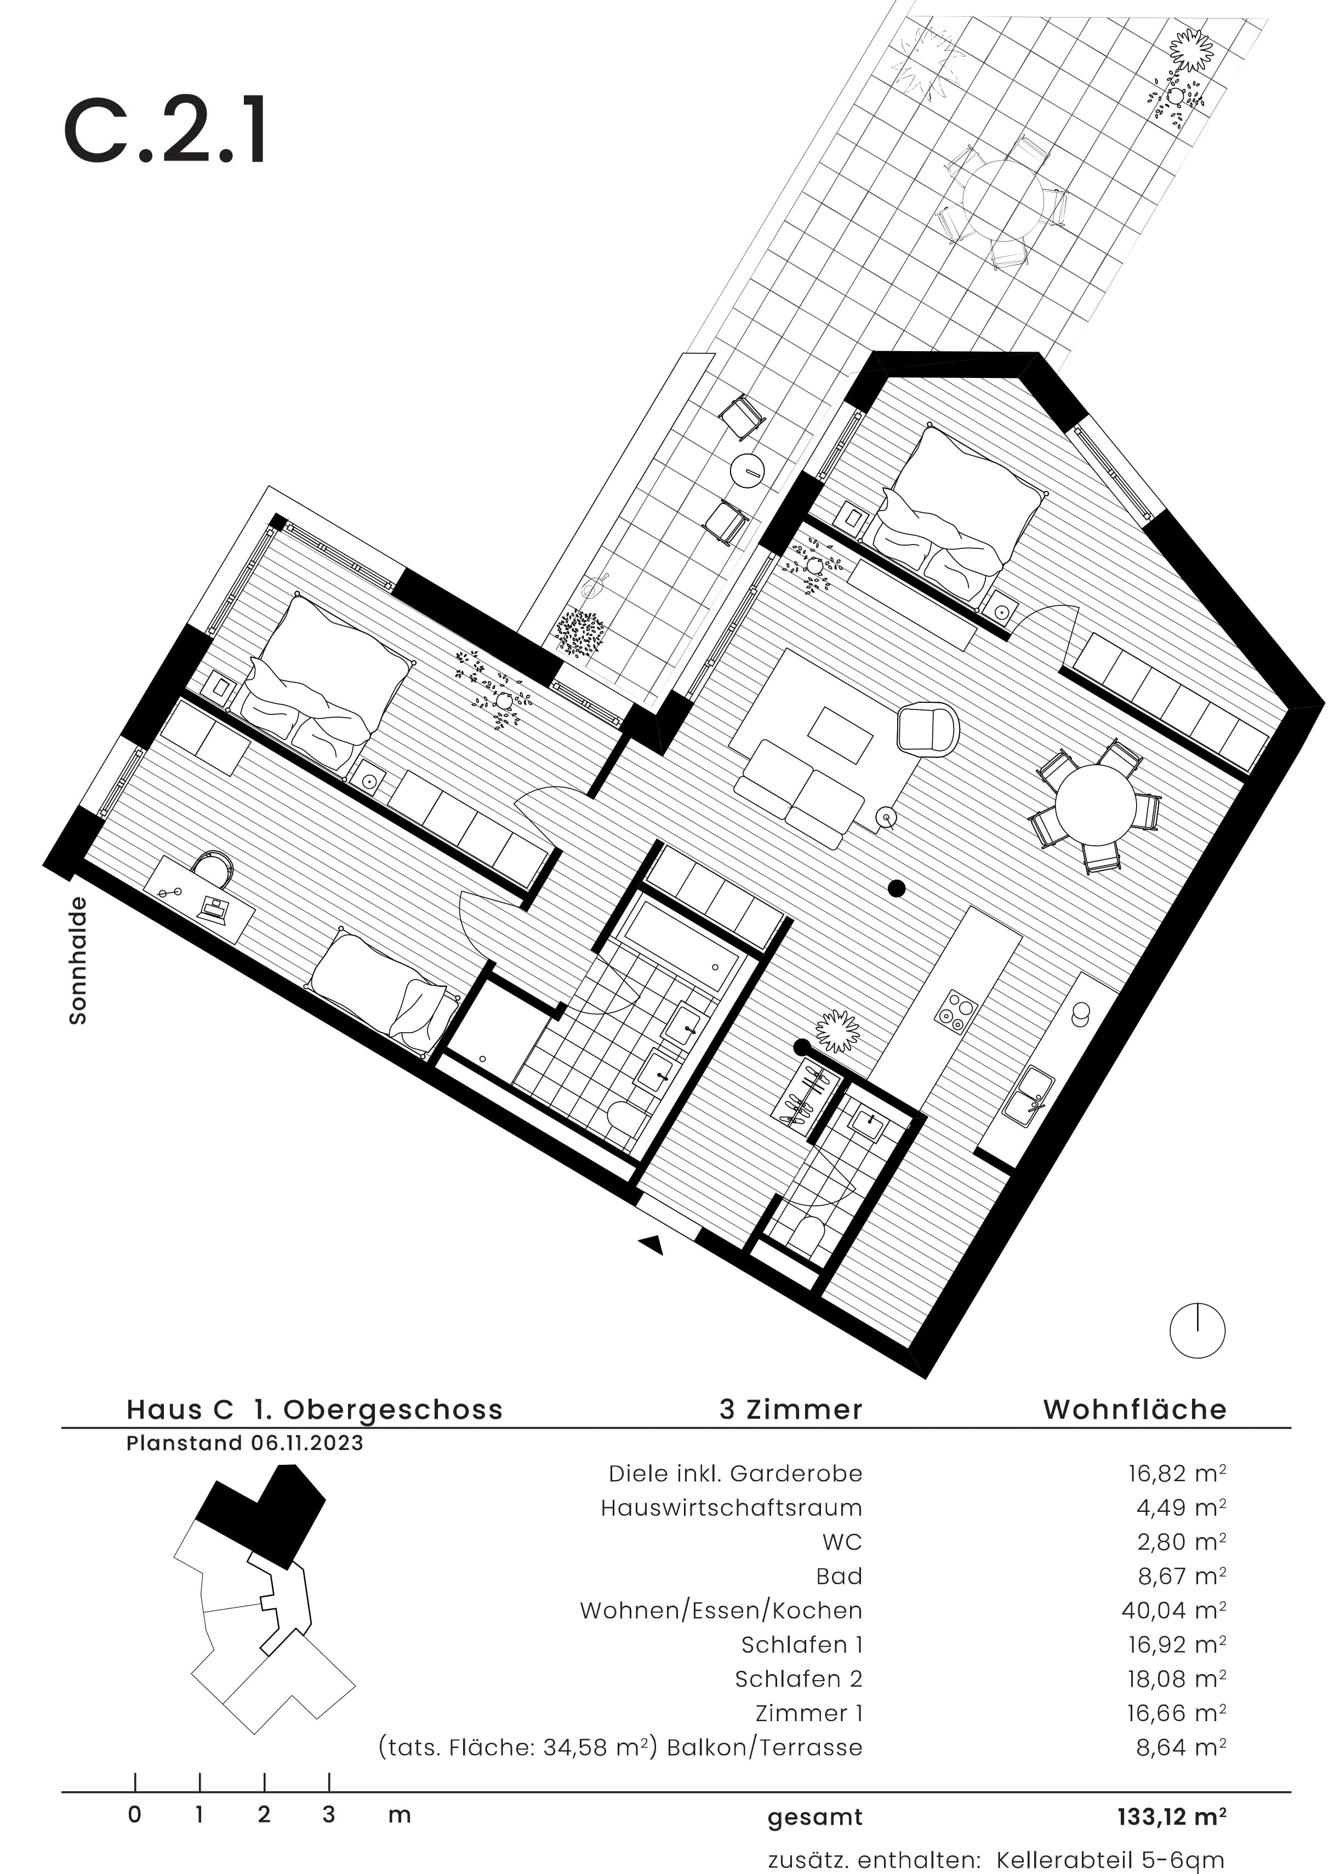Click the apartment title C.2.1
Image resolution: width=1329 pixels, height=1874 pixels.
[x=166, y=131]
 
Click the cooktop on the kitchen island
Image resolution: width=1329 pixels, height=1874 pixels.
[x=956, y=1010]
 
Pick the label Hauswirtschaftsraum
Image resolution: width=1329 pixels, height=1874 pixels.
[x=731, y=1508]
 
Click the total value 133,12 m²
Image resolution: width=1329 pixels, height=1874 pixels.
[x=1171, y=1816]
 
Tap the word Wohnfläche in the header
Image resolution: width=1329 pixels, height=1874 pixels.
[x=1134, y=1409]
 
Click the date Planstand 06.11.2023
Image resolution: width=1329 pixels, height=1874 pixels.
[x=244, y=1443]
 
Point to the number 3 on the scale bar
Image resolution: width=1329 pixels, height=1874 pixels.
[x=328, y=1814]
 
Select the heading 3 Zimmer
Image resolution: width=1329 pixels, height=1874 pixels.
[x=790, y=1409]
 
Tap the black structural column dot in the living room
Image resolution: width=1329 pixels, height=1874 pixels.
[x=897, y=887]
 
